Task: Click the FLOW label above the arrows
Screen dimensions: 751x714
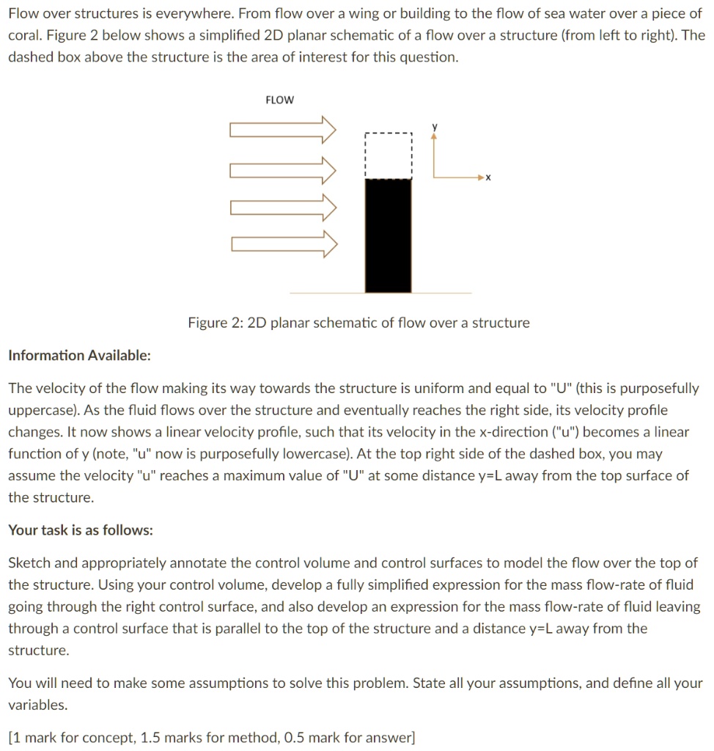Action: pyautogui.click(x=279, y=100)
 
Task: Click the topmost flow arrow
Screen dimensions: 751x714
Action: pyautogui.click(x=283, y=131)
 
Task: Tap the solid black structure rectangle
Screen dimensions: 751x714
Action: pyautogui.click(x=388, y=235)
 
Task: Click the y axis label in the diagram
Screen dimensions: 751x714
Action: pyautogui.click(x=434, y=127)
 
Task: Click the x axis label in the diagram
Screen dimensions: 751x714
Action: pyautogui.click(x=488, y=177)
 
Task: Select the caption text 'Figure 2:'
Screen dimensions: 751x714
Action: pyautogui.click(x=210, y=323)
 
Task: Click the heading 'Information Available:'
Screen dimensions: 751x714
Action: pyautogui.click(x=79, y=356)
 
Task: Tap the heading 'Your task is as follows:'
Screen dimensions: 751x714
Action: pyautogui.click(x=81, y=530)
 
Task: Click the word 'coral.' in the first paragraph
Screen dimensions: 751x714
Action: pyautogui.click(x=25, y=35)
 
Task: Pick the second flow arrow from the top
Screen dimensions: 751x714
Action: pyautogui.click(x=283, y=170)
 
